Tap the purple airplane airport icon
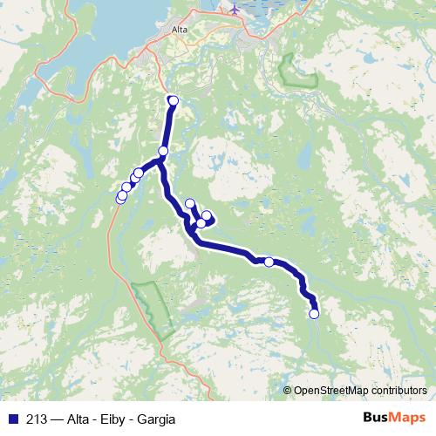coord(234,9)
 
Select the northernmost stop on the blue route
coord(173,101)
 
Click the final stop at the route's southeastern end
coord(314,314)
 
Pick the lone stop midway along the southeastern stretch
coord(269,262)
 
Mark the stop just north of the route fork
coord(163,151)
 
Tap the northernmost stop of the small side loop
coord(190,204)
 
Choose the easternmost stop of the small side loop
coord(208,215)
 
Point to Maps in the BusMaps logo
coord(407,419)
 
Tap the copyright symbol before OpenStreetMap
coord(288,391)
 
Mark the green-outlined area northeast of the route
coord(295,71)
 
